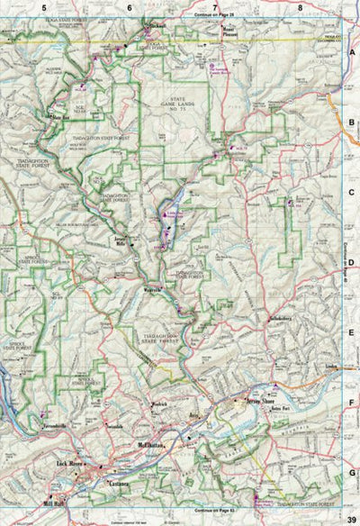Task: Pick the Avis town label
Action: [x=192, y=417]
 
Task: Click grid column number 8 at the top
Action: [x=300, y=7]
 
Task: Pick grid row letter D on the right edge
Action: [x=352, y=263]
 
